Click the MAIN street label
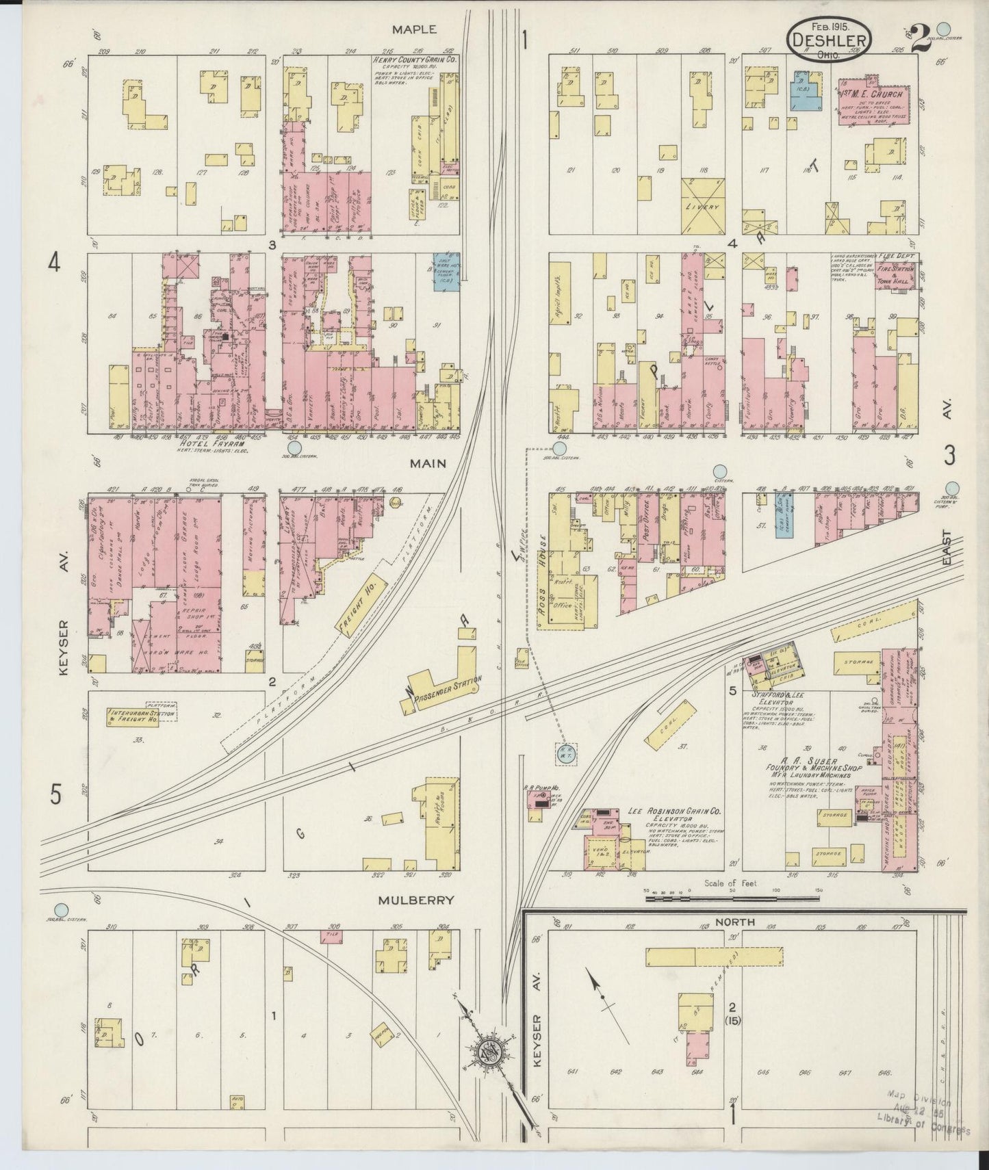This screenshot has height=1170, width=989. pos(428,463)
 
